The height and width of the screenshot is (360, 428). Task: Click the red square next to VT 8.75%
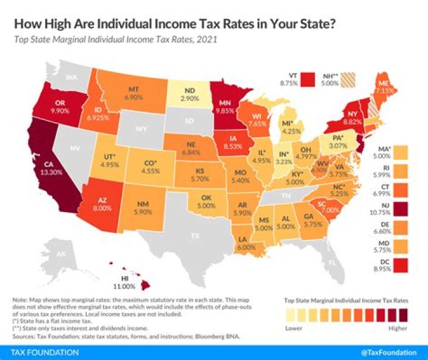point(307,80)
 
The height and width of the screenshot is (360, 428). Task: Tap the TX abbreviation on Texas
point(193,236)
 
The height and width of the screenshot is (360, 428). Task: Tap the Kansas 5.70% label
point(203,174)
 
